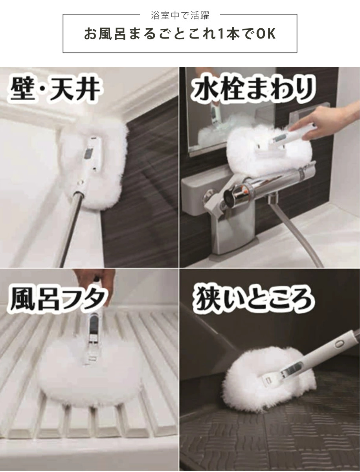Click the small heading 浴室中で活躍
(180, 16)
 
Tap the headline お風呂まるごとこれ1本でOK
(180, 34)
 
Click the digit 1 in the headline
(220, 34)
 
